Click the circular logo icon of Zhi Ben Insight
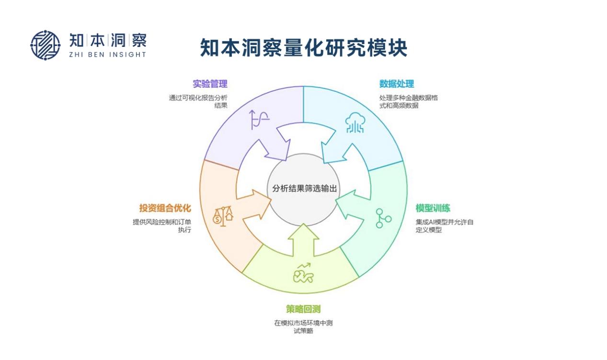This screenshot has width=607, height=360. [46, 45]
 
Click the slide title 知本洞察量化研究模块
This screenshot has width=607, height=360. [303, 48]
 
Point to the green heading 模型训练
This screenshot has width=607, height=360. [433, 208]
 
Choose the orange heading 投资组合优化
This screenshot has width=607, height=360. [165, 208]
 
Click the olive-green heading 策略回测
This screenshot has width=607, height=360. [303, 309]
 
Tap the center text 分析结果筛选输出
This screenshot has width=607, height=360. [304, 188]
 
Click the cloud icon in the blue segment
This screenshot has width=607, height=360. [355, 124]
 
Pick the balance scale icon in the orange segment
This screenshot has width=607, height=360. [223, 215]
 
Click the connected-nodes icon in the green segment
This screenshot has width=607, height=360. [382, 218]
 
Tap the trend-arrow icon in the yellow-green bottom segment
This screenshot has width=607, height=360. [303, 273]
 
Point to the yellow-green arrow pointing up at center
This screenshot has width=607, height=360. [303, 239]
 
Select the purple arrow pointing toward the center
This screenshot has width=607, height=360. [275, 144]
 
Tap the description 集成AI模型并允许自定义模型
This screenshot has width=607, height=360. [444, 226]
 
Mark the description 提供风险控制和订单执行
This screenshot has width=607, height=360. [161, 226]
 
